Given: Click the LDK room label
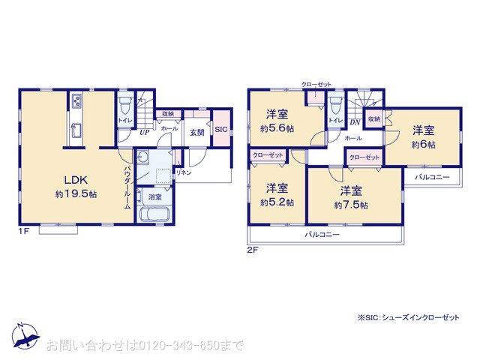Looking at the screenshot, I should coord(78,181).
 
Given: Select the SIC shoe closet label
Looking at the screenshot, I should coord(220,130).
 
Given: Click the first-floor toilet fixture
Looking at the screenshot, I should coord(125,103).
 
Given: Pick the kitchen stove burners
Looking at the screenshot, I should coord(77,101).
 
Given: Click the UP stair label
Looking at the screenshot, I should coord(143,132).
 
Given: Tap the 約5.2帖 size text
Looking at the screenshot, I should coord(277,202).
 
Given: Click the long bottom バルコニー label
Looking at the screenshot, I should coord(322,234).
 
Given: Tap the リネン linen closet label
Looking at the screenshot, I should coord(183,172).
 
